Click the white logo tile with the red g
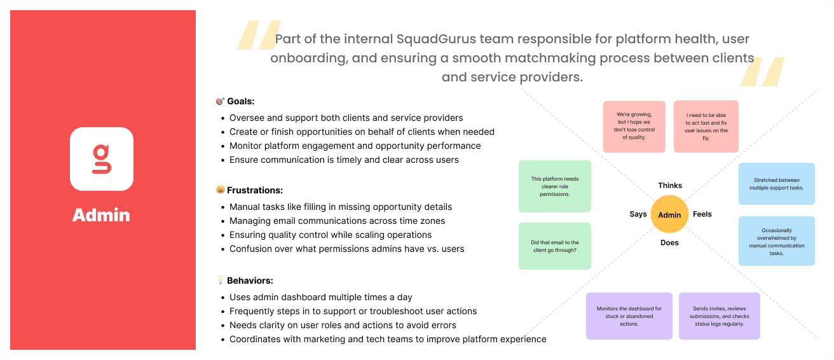pyautogui.click(x=102, y=159)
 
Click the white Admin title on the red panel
pyautogui.click(x=102, y=215)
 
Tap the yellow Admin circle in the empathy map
pyautogui.click(x=669, y=214)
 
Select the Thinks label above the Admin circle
pyautogui.click(x=669, y=186)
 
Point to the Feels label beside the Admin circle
pyautogui.click(x=702, y=214)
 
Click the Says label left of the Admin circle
pyautogui.click(x=638, y=214)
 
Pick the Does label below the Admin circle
pyautogui.click(x=669, y=242)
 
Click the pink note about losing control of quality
pyautogui.click(x=634, y=126)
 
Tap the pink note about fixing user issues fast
pyautogui.click(x=706, y=126)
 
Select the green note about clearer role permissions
pyautogui.click(x=555, y=186)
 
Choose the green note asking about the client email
pyautogui.click(x=555, y=246)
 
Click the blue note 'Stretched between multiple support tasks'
pyautogui.click(x=776, y=184)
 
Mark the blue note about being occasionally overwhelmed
pyautogui.click(x=776, y=241)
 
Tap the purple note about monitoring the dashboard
pyautogui.click(x=629, y=316)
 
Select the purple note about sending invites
pyautogui.click(x=719, y=316)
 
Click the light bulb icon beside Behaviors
pyautogui.click(x=221, y=280)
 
